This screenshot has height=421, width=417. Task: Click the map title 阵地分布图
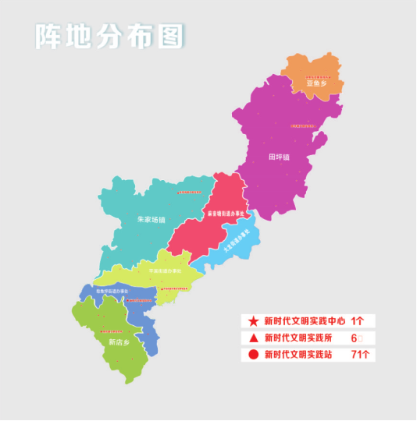[109, 36]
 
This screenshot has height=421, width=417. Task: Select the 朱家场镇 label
[151, 220]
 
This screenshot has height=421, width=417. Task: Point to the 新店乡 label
[118, 341]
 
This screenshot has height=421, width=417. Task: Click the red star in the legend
[253, 321]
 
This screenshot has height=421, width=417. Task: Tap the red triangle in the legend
[253, 338]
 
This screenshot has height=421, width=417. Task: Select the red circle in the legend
[253, 356]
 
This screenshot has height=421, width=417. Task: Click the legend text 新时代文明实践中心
[304, 321]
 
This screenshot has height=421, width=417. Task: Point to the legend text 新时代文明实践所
[300, 338]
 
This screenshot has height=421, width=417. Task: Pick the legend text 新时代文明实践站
[300, 356]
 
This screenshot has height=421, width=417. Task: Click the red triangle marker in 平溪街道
[162, 288]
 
